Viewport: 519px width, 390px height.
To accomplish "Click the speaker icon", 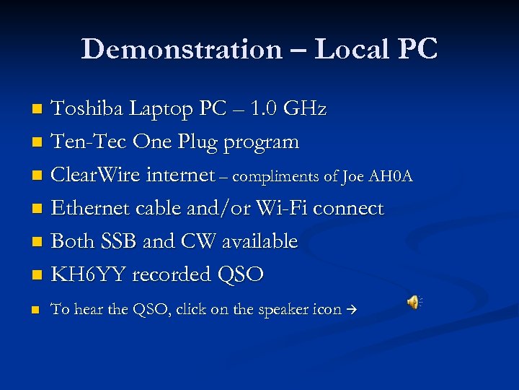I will tap(414, 303).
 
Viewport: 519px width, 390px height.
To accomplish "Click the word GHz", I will tap(305, 109).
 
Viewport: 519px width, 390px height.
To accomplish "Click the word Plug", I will tap(194, 143).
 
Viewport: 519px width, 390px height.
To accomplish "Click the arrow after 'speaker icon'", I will tap(352, 310).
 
